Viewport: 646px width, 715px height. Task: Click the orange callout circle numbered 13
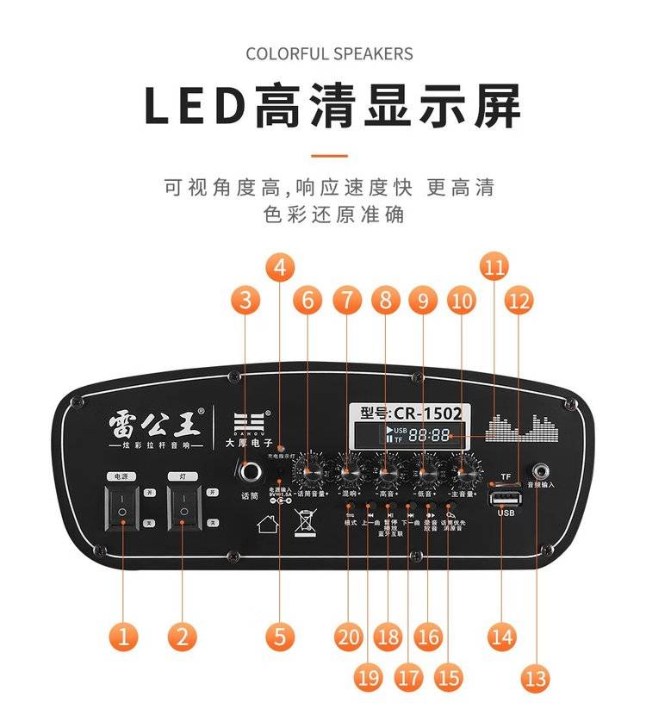point(536,678)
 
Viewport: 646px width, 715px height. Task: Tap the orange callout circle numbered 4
point(278,266)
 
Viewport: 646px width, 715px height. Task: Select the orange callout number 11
point(494,266)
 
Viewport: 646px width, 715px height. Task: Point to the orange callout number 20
point(349,637)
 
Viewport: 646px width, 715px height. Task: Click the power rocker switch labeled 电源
point(122,507)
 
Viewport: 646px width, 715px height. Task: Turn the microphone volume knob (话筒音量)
point(307,472)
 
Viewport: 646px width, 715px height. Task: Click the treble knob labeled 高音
point(387,472)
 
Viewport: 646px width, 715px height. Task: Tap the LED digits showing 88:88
point(429,436)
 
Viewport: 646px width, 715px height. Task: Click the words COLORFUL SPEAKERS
point(329,54)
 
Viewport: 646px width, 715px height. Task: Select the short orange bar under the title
point(329,156)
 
